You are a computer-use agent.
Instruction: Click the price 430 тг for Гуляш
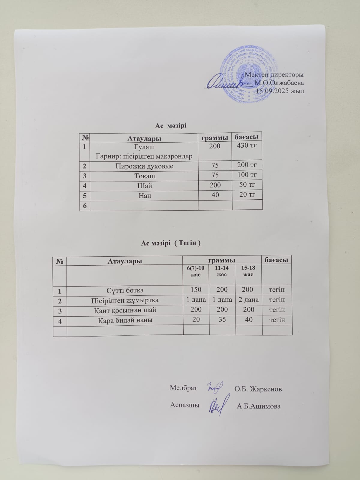coord(247,146)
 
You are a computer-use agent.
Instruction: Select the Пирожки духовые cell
coord(144,166)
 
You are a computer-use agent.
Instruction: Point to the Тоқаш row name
coord(145,176)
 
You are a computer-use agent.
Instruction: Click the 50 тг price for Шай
coord(247,185)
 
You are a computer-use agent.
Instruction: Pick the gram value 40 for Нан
coord(215,195)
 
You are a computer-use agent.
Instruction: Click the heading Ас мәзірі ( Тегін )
coord(171,243)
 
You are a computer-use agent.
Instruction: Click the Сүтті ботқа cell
coord(125,290)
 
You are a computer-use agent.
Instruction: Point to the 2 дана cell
coord(248,300)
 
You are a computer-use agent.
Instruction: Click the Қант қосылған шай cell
coord(125,310)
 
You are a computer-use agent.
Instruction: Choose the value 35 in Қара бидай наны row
coord(222,320)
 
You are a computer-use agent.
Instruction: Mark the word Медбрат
coord(183,388)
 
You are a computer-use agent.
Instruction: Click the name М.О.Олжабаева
coord(279,83)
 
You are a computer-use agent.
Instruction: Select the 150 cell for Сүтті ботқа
coord(196,290)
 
